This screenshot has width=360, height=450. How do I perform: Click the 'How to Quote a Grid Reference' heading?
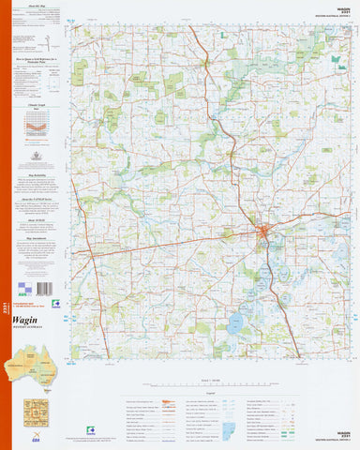coord(37,59)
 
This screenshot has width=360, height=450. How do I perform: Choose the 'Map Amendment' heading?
coord(37,237)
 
